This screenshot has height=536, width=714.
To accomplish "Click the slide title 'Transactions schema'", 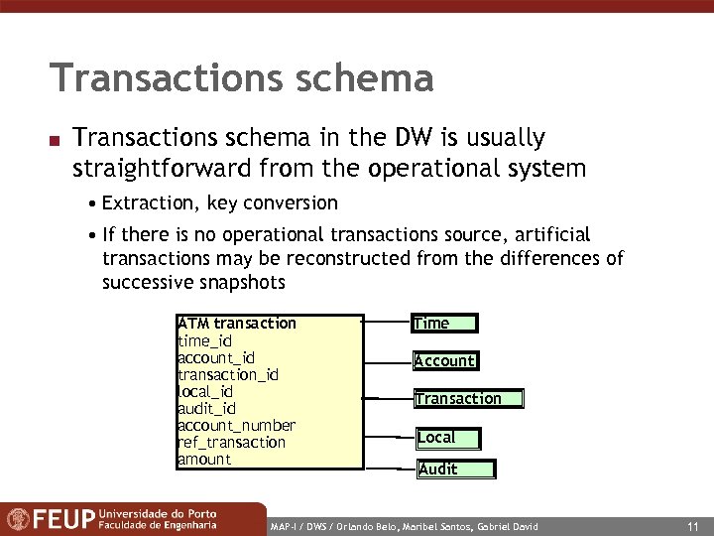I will (241, 78).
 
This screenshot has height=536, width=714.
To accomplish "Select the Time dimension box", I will (444, 323).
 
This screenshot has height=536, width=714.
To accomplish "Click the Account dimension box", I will (444, 360).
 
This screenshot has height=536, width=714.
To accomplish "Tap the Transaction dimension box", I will (468, 399).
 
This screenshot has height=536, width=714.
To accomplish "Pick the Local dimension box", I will (447, 438).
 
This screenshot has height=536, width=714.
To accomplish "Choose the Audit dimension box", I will (454, 469).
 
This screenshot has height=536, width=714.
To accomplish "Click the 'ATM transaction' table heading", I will (236, 323).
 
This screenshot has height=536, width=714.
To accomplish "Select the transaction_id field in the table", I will (227, 374).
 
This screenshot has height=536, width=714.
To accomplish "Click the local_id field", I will (205, 391).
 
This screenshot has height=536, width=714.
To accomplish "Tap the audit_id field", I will (206, 408).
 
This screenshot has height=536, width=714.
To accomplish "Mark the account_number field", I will (236, 425).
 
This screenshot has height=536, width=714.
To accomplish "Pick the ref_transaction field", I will (231, 442).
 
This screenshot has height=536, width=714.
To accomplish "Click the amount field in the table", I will (203, 459).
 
